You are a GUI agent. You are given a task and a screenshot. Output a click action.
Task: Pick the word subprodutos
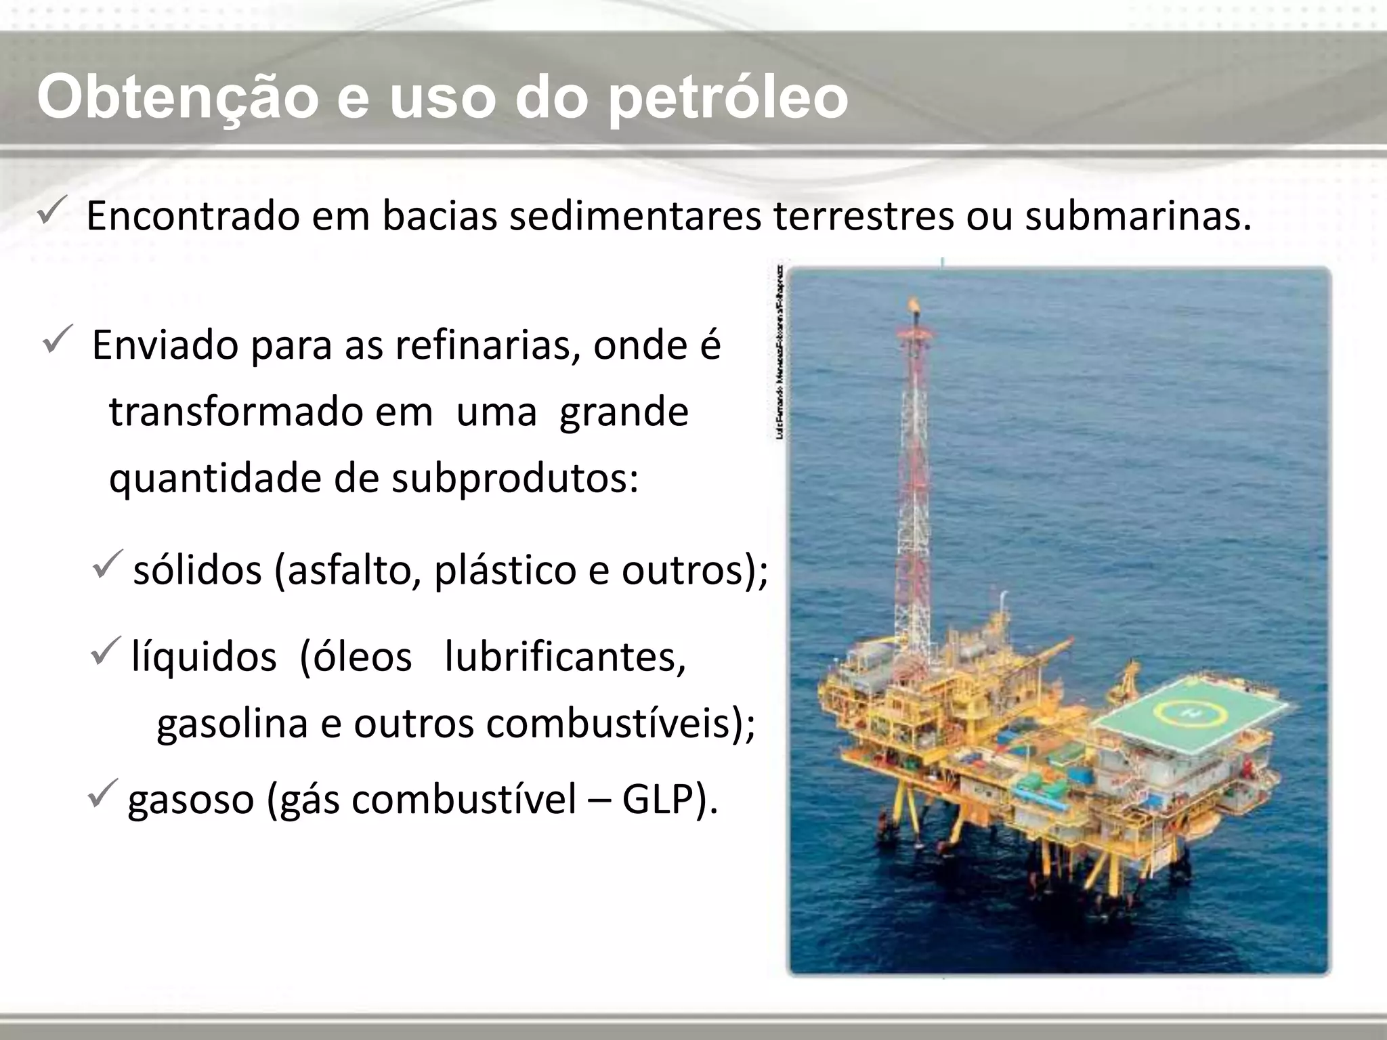[515, 479]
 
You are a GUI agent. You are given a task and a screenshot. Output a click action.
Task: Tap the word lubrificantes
[565, 657]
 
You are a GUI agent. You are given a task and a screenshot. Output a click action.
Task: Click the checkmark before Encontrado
[51, 213]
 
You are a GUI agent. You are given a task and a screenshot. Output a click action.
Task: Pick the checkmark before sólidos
[107, 564]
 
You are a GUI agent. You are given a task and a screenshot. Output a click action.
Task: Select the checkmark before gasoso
[104, 793]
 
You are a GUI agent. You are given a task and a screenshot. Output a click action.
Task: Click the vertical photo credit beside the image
[780, 352]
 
